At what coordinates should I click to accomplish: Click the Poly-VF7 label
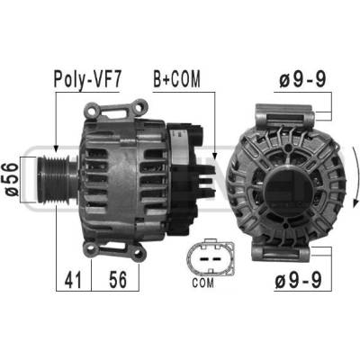click(87, 80)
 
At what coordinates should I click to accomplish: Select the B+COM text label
click(176, 79)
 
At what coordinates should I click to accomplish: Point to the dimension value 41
click(73, 280)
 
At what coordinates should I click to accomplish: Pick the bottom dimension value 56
click(118, 279)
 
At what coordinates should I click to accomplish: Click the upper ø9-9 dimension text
click(302, 80)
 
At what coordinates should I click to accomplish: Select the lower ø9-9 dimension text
click(298, 280)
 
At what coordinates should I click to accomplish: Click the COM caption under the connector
click(203, 283)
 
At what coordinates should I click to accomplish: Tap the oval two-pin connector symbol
click(211, 257)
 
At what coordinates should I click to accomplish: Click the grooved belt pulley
click(57, 179)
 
